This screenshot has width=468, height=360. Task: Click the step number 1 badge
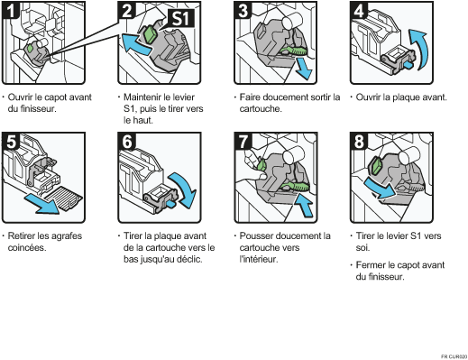(10, 10)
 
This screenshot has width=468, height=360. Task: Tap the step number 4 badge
(359, 10)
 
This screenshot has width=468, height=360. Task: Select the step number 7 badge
(243, 141)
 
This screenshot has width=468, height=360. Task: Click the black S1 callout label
(180, 18)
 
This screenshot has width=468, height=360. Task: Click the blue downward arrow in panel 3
(303, 69)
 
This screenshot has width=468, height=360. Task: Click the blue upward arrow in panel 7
(304, 205)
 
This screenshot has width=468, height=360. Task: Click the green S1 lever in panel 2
(150, 34)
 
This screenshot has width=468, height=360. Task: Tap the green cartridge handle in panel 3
(293, 51)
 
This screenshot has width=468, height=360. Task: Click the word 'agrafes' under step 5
(67, 236)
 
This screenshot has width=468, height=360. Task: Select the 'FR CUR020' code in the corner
(454, 356)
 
